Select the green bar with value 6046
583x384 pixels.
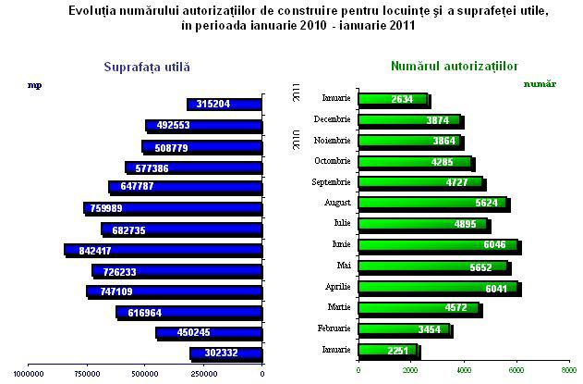pyautogui.click(x=438, y=246)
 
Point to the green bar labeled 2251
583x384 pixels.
pyautogui.click(x=388, y=351)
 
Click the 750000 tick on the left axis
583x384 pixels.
pyautogui.click(x=88, y=374)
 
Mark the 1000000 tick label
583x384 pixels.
pyautogui.click(x=29, y=374)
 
